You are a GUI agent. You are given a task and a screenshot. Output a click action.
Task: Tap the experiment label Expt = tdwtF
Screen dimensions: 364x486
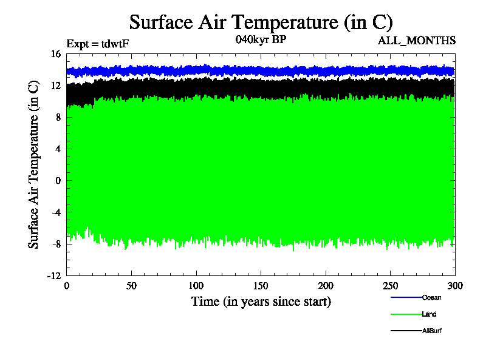point(98,43)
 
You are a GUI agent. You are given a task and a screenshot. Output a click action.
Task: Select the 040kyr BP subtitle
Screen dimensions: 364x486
point(261,41)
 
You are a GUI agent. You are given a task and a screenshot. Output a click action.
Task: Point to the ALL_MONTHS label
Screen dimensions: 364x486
point(417,41)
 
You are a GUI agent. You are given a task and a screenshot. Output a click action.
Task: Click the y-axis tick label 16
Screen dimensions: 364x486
point(56,54)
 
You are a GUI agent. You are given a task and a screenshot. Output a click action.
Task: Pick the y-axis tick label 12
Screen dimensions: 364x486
point(56,86)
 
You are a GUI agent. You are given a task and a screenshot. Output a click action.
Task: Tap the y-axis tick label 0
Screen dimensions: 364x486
point(58,180)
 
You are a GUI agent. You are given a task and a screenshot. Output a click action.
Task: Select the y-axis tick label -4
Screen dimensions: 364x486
point(56,212)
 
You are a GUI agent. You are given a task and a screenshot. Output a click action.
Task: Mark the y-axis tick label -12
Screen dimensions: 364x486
point(54,275)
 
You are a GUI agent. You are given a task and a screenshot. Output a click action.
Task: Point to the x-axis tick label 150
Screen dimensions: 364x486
point(261,286)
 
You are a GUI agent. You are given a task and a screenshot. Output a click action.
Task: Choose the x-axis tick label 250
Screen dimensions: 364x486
point(391,286)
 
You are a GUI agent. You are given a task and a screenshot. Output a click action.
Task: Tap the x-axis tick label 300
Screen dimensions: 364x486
point(455,286)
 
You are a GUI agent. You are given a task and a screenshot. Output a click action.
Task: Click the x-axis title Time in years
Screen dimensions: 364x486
point(261,302)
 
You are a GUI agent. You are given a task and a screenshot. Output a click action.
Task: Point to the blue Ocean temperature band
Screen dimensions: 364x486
point(261,71)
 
